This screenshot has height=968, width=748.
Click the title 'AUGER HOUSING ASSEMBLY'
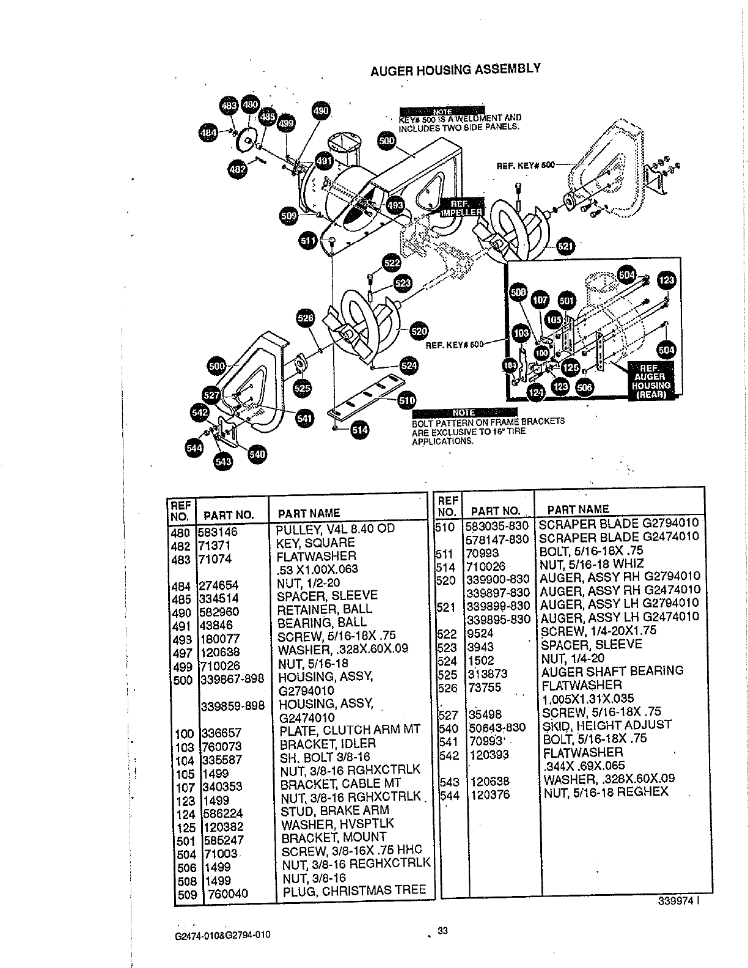[455, 69]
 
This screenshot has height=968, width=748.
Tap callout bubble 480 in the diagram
[250, 105]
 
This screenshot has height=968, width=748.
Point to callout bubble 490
[321, 111]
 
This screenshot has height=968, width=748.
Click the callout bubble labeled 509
[288, 215]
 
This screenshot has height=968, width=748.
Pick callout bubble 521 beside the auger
[566, 246]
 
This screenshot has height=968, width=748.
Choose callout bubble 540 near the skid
[257, 454]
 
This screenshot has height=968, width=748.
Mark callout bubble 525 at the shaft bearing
[302, 387]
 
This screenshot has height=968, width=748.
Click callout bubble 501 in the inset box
[567, 301]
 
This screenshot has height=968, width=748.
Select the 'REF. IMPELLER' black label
[461, 208]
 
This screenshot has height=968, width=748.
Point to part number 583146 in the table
[218, 532]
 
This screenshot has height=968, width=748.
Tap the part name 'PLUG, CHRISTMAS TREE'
[354, 890]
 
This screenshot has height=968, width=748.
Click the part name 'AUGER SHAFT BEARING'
[612, 671]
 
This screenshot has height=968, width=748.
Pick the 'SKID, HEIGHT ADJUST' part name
[607, 725]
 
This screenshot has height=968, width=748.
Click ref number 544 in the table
[449, 795]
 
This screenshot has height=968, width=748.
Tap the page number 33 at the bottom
[443, 931]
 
